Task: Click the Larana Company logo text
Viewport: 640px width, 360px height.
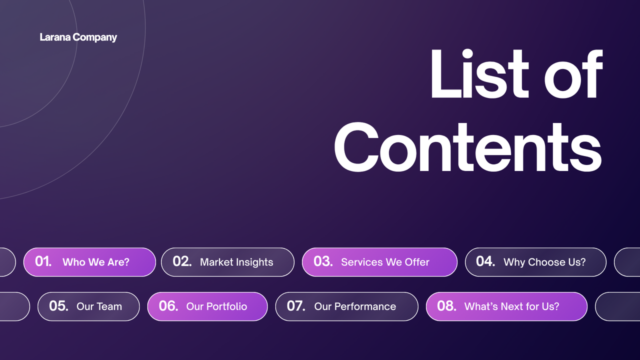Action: pos(78,37)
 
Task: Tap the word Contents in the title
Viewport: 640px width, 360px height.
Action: pos(467,145)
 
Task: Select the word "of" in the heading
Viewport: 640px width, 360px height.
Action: pos(573,75)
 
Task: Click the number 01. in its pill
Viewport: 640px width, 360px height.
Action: pos(43,261)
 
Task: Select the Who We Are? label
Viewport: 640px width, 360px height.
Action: pos(96,262)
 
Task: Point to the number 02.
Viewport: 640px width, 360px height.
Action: pos(182,261)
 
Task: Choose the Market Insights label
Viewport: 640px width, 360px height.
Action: pos(236,262)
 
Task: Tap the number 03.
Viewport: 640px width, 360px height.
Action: pos(323,261)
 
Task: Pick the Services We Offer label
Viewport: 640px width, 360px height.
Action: pos(385,262)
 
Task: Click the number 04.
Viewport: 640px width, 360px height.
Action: pos(485,261)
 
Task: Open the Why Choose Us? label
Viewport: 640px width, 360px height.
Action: pos(544,262)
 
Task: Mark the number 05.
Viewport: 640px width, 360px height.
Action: pos(58,306)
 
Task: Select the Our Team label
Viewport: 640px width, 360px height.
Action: pos(99,306)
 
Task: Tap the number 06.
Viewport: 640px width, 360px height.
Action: pos(168,306)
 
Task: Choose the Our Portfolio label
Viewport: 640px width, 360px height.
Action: pos(216,306)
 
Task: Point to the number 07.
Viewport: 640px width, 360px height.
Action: pos(296,306)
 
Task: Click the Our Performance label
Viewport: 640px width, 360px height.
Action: pos(355,306)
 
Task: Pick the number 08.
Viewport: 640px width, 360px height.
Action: pos(446,306)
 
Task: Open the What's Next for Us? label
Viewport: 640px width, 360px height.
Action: pos(512,306)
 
